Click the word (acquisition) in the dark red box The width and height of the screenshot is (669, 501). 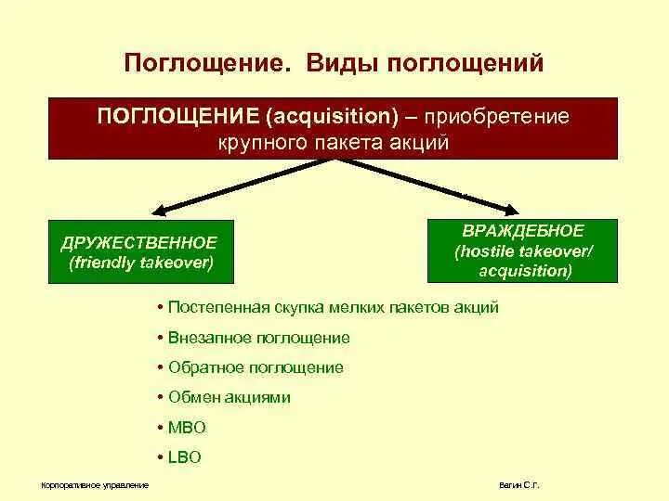pos(332,117)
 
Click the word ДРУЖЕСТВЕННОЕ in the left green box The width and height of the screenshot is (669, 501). pos(139,242)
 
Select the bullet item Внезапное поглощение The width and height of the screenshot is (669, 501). pos(259,338)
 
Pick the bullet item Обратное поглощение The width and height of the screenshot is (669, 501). pos(256,367)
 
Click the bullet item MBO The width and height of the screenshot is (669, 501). pos(187,428)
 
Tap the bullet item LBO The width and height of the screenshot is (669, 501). pos(185,457)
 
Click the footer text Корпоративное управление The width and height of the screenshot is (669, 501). pos(95,486)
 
